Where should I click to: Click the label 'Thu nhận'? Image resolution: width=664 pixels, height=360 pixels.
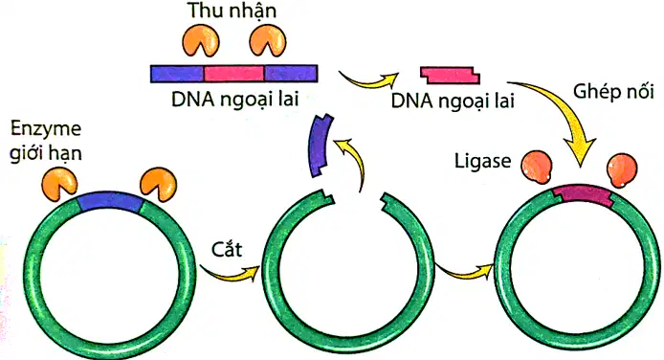tap(232, 11)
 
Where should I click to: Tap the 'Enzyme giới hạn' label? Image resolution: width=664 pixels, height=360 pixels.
tap(46, 141)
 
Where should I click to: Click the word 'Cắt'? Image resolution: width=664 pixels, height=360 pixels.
tap(227, 250)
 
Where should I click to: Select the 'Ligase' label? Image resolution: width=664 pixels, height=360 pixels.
tap(482, 161)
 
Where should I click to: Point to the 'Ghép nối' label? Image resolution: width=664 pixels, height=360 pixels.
tap(613, 92)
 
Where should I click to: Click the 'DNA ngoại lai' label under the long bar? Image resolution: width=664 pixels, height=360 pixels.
tap(235, 100)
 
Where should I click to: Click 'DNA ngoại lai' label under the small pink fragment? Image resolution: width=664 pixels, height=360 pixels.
tap(453, 101)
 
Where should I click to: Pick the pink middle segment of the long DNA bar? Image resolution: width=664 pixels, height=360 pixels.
tap(234, 74)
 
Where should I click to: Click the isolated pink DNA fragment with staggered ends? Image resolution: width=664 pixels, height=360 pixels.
tap(450, 75)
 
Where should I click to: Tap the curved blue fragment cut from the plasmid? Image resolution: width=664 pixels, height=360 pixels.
tap(320, 146)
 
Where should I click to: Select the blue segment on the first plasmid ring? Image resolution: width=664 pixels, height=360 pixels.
tap(110, 201)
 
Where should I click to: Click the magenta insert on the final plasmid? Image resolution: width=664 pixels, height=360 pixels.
tap(584, 195)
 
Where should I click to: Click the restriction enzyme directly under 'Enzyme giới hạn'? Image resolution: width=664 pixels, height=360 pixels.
tap(59, 182)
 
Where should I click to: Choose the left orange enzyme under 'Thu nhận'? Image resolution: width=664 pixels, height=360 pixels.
tap(201, 40)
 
